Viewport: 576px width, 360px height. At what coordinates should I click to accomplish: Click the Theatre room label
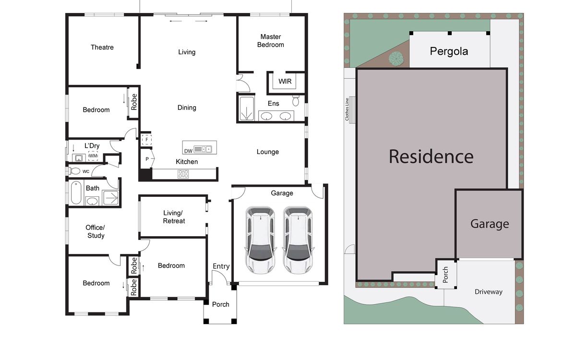point(102,48)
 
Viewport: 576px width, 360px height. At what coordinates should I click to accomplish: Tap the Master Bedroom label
point(271,41)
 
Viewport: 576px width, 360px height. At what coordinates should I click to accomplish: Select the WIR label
point(285,81)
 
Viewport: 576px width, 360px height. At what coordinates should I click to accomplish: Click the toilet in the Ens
point(296,100)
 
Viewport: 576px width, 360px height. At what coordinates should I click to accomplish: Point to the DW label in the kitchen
point(188,151)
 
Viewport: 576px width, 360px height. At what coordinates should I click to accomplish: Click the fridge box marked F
point(146,140)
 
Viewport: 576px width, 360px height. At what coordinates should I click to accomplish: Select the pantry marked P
point(147,159)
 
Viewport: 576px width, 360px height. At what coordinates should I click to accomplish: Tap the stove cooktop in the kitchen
point(183,174)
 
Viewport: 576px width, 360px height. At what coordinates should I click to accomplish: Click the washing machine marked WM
point(93,156)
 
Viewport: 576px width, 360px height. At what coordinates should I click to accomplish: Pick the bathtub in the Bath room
point(76,192)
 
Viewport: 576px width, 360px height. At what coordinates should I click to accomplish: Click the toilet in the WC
point(74,171)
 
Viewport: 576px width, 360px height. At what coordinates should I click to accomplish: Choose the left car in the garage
point(261,240)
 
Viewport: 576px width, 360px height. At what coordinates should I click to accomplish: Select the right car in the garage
point(298,240)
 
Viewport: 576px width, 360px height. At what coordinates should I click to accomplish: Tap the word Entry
point(221,266)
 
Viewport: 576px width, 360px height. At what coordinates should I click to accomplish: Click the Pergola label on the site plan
point(449,51)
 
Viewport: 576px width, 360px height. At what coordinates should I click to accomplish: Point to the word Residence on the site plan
point(431,156)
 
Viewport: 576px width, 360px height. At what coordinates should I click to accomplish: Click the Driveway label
point(489,292)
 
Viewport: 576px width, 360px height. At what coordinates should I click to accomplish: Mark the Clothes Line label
point(347,109)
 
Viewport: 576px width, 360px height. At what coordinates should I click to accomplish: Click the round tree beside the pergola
point(396,59)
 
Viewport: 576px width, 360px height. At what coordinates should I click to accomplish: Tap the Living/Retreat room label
point(174,217)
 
